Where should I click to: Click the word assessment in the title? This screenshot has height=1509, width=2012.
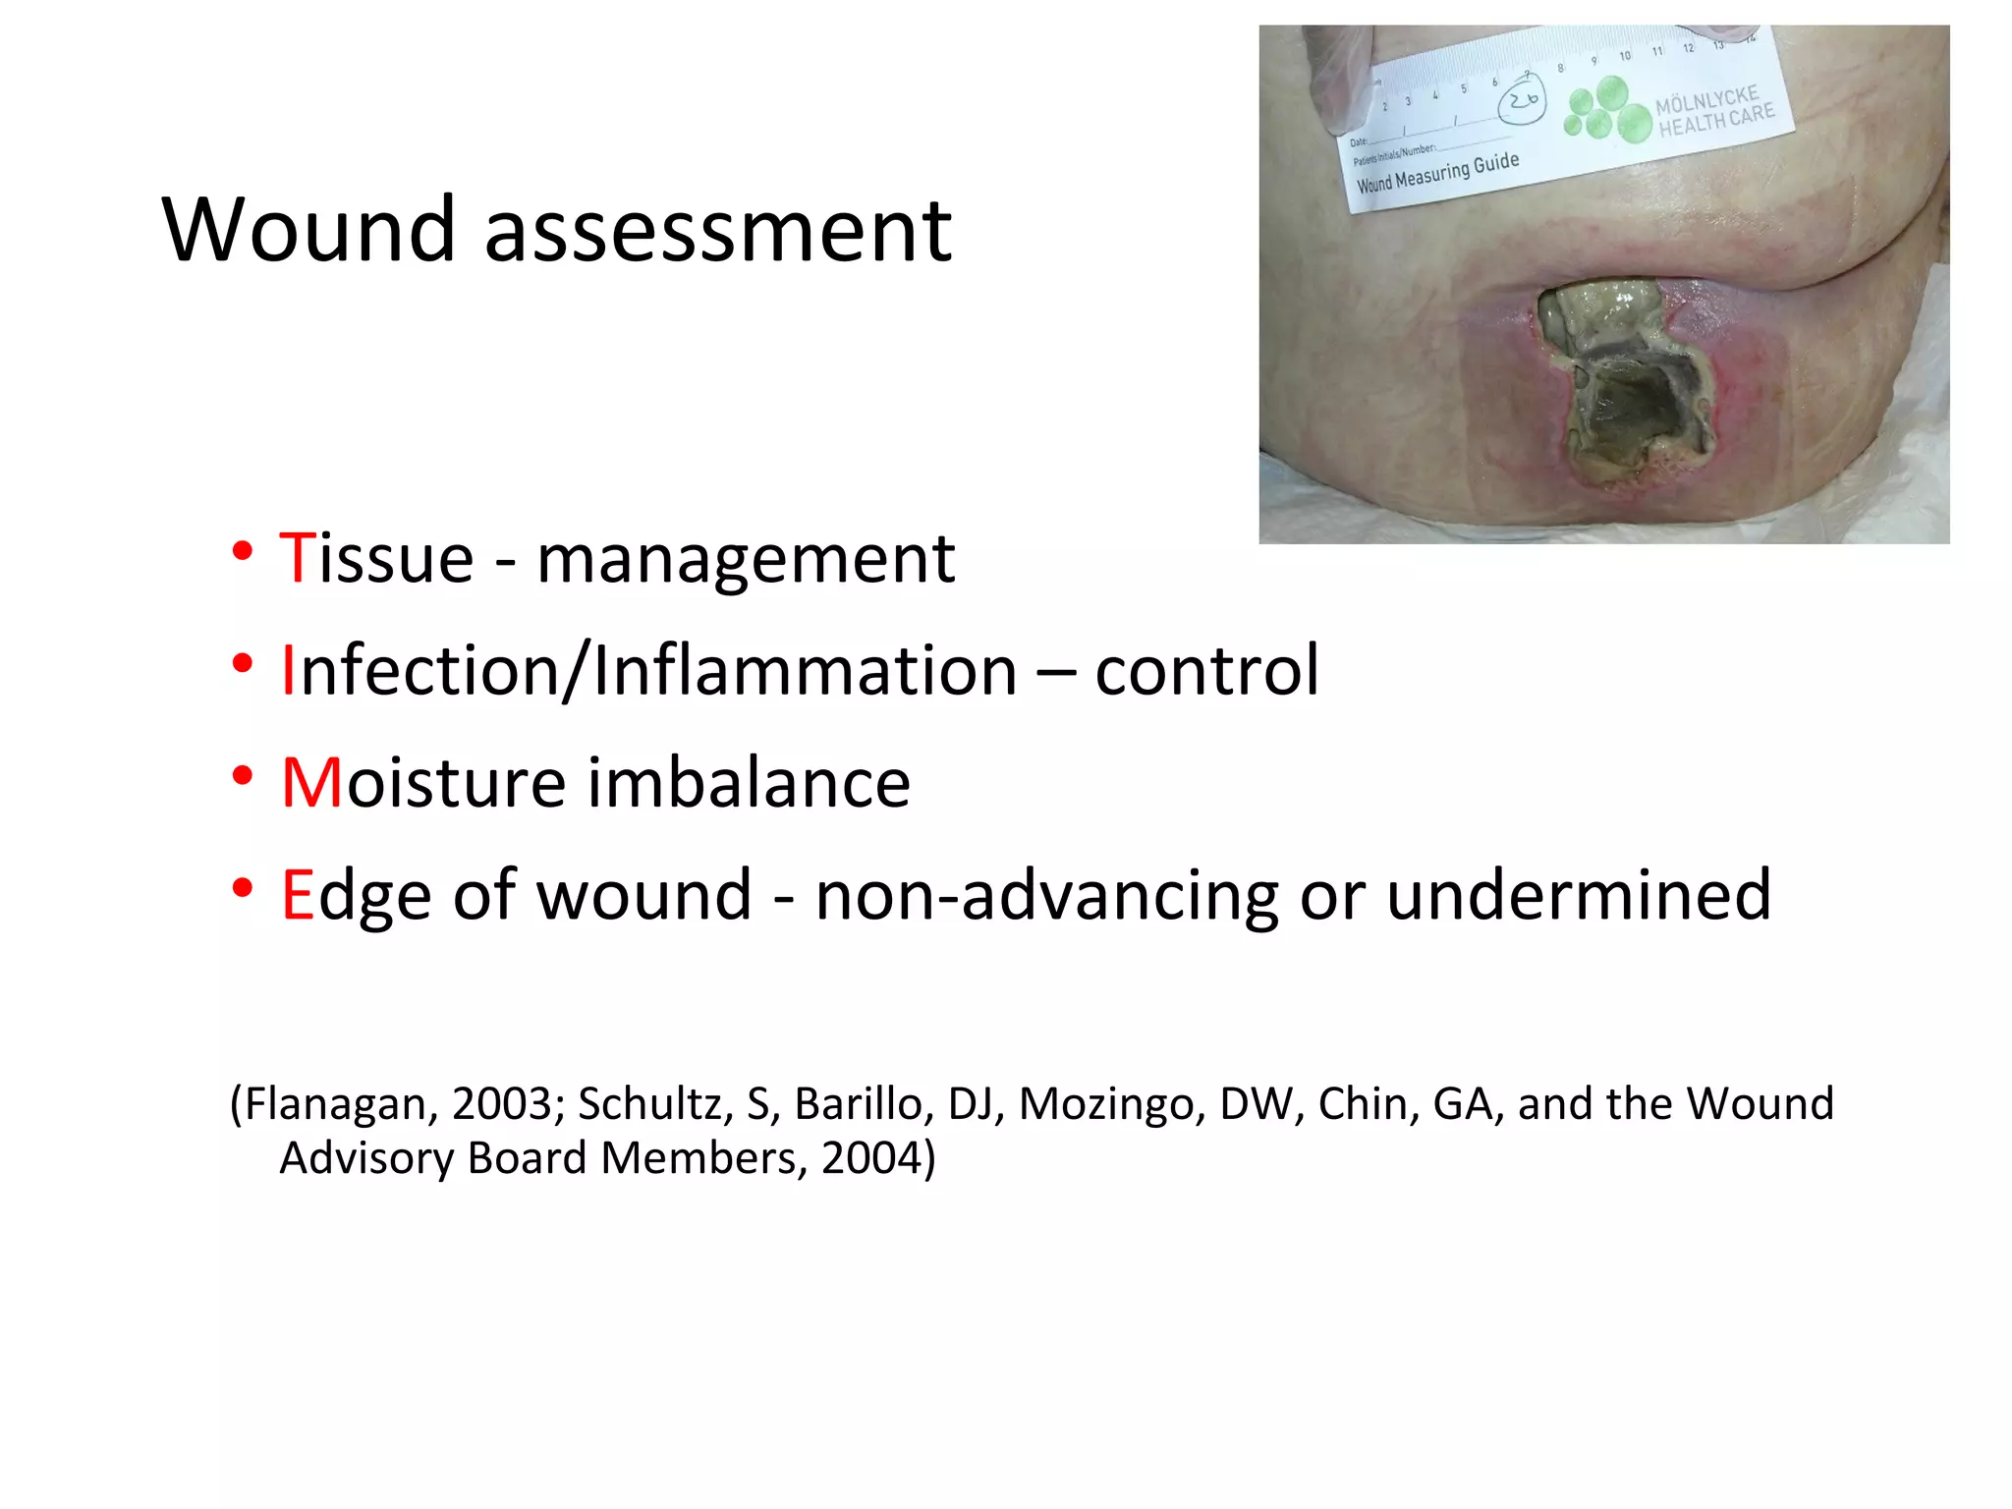[x=717, y=232]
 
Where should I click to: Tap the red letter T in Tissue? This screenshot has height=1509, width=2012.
[x=296, y=558]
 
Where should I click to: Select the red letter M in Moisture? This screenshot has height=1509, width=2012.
[x=311, y=783]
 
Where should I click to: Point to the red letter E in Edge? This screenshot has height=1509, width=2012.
[x=297, y=895]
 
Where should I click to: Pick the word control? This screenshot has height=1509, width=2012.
[x=1206, y=671]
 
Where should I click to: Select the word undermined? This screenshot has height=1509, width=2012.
[x=1579, y=895]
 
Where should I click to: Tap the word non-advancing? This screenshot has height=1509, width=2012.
[x=1046, y=897]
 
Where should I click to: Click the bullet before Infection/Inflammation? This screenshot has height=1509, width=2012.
[x=243, y=665]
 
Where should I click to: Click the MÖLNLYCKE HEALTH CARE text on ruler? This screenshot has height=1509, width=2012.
[x=1714, y=110]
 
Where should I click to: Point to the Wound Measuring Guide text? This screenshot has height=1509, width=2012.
[x=1437, y=173]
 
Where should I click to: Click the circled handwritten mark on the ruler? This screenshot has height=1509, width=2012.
[x=1522, y=100]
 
